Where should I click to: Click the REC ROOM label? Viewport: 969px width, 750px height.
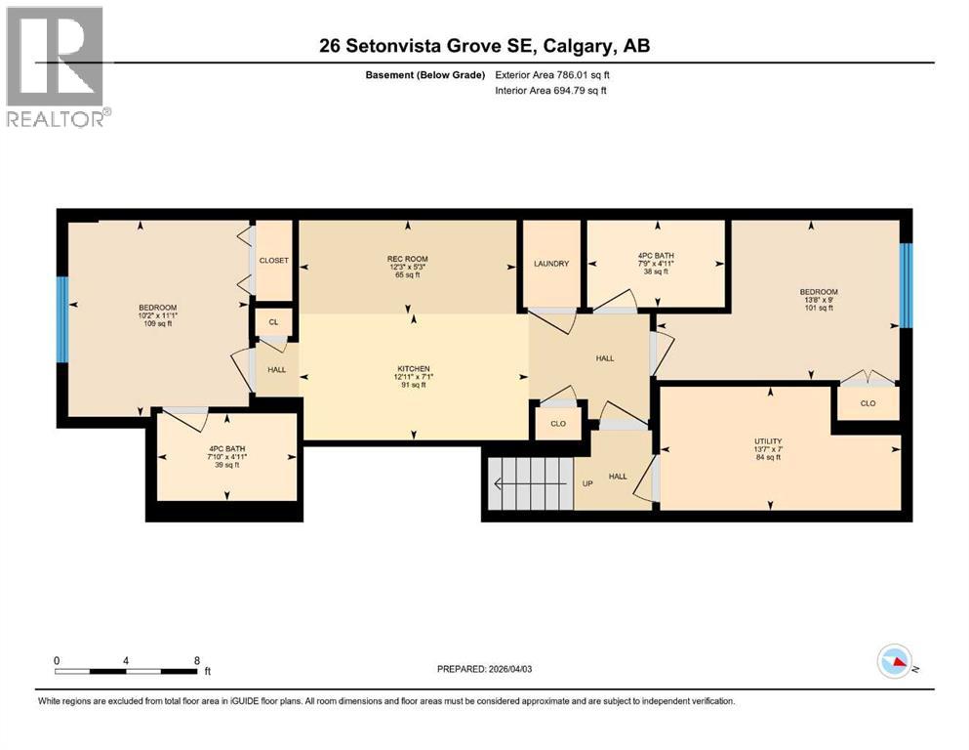click(x=409, y=259)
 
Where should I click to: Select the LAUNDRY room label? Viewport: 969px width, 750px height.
click(x=551, y=264)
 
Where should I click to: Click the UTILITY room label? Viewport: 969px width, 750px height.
click(x=768, y=441)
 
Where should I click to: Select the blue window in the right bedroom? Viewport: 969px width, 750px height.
click(x=906, y=285)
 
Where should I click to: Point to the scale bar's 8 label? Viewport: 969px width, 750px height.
click(x=197, y=660)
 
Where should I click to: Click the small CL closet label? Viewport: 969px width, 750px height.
click(x=273, y=321)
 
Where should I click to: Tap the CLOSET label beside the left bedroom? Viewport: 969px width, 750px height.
click(x=273, y=260)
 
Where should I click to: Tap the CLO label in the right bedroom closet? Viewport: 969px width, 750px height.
click(x=868, y=402)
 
